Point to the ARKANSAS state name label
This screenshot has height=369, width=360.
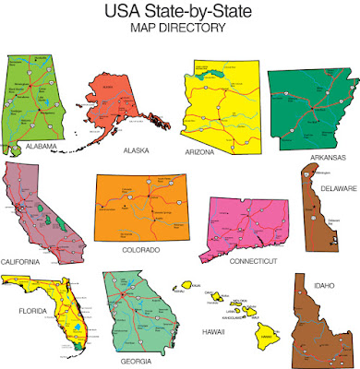[328, 157]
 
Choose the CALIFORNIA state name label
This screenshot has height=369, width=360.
[25, 262]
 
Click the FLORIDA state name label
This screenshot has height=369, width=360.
[33, 311]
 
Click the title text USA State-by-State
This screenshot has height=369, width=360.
[180, 13]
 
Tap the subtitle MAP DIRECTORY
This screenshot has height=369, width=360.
[180, 29]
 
